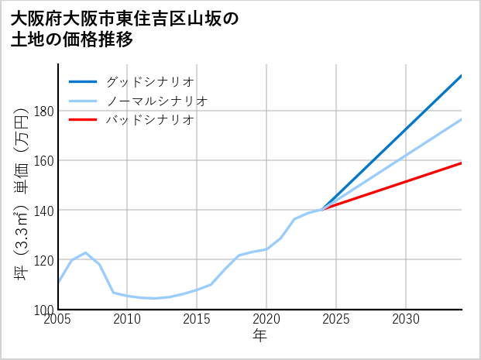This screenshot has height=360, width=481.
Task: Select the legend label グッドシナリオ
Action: tap(149, 81)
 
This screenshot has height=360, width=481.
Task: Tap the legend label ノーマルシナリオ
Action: tap(156, 101)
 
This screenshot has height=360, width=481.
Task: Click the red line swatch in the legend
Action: tap(83, 120)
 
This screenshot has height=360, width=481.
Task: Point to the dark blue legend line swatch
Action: tap(83, 81)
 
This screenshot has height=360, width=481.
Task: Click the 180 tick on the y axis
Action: tap(44, 111)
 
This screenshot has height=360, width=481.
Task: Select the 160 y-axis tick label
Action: tap(44, 160)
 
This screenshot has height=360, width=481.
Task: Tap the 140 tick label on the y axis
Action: tap(44, 210)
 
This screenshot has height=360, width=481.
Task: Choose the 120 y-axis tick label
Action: tap(44, 259)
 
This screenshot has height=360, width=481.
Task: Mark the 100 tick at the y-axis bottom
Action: tap(44, 309)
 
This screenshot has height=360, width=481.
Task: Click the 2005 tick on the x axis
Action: tap(58, 319)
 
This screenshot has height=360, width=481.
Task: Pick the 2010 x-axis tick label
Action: tap(128, 319)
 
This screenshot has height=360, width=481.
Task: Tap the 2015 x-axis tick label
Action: tap(197, 319)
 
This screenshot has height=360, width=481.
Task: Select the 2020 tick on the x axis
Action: tap(266, 319)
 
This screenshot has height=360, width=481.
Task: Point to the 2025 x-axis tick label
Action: tap(336, 319)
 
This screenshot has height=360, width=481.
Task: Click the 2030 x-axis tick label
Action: tap(406, 319)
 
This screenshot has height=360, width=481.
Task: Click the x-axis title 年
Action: tap(259, 335)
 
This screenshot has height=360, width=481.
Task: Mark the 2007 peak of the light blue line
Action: tap(86, 252)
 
